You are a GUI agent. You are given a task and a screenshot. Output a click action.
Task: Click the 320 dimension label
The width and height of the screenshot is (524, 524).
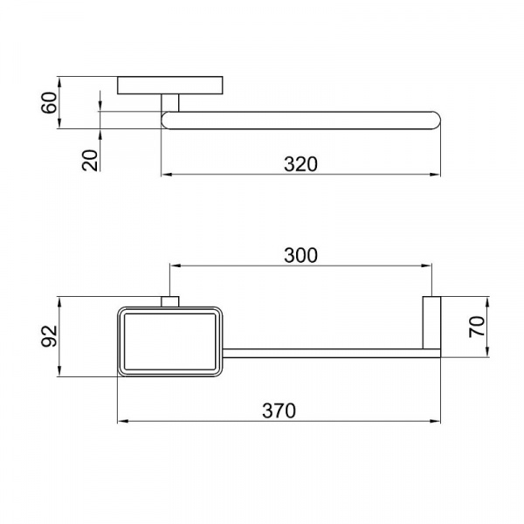pyautogui.click(x=300, y=164)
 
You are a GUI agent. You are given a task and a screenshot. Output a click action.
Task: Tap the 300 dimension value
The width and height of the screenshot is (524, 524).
pyautogui.click(x=300, y=255)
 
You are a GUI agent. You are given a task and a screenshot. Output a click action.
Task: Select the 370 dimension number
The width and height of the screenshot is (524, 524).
pyautogui.click(x=279, y=410)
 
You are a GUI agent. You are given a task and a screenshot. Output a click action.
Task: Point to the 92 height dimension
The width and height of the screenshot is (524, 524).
pyautogui.click(x=49, y=336)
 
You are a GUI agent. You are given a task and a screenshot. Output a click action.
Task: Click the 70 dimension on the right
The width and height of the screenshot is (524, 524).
pyautogui.click(x=477, y=327)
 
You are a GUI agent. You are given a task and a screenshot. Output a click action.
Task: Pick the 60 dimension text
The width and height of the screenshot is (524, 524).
pyautogui.click(x=49, y=102)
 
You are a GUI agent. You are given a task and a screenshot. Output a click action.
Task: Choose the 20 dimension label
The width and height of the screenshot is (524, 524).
pyautogui.click(x=90, y=161)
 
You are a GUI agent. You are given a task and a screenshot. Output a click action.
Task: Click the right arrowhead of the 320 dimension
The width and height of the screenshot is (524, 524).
pyautogui.click(x=436, y=175)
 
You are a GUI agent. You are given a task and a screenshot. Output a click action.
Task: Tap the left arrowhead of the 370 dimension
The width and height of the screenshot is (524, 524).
pyautogui.click(x=122, y=421)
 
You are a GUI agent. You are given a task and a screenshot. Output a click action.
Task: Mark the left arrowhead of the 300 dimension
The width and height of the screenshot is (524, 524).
pyautogui.click(x=176, y=265)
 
